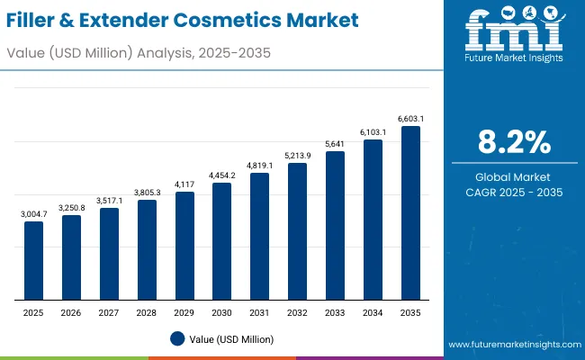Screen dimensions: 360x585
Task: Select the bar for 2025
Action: [x=33, y=261]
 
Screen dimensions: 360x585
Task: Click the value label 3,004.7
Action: [x=33, y=213]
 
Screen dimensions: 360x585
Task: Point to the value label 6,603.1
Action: [x=410, y=118]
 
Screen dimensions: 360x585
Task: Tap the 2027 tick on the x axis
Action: [x=109, y=311]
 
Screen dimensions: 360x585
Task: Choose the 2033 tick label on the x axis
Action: [x=335, y=311]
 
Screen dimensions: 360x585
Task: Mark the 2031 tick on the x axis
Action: [x=259, y=311]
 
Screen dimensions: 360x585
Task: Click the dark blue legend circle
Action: [x=177, y=338]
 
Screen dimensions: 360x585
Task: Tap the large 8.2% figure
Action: [x=513, y=141]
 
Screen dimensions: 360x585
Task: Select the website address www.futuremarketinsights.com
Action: [x=511, y=346]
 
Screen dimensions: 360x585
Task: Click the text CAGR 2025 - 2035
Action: [x=513, y=193]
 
